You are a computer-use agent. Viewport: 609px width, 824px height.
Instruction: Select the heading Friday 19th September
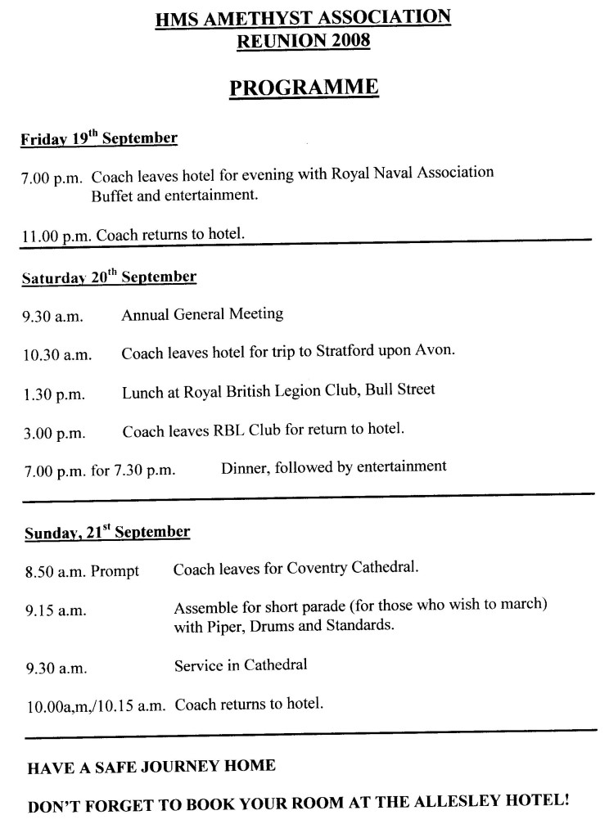(x=99, y=138)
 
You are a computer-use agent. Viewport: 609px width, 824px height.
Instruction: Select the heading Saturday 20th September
(x=109, y=277)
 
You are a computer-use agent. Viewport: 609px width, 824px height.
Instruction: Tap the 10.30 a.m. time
(x=56, y=354)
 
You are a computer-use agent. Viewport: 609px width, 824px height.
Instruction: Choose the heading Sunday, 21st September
(x=107, y=534)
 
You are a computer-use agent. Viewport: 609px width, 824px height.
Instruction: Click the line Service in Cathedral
(x=241, y=665)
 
